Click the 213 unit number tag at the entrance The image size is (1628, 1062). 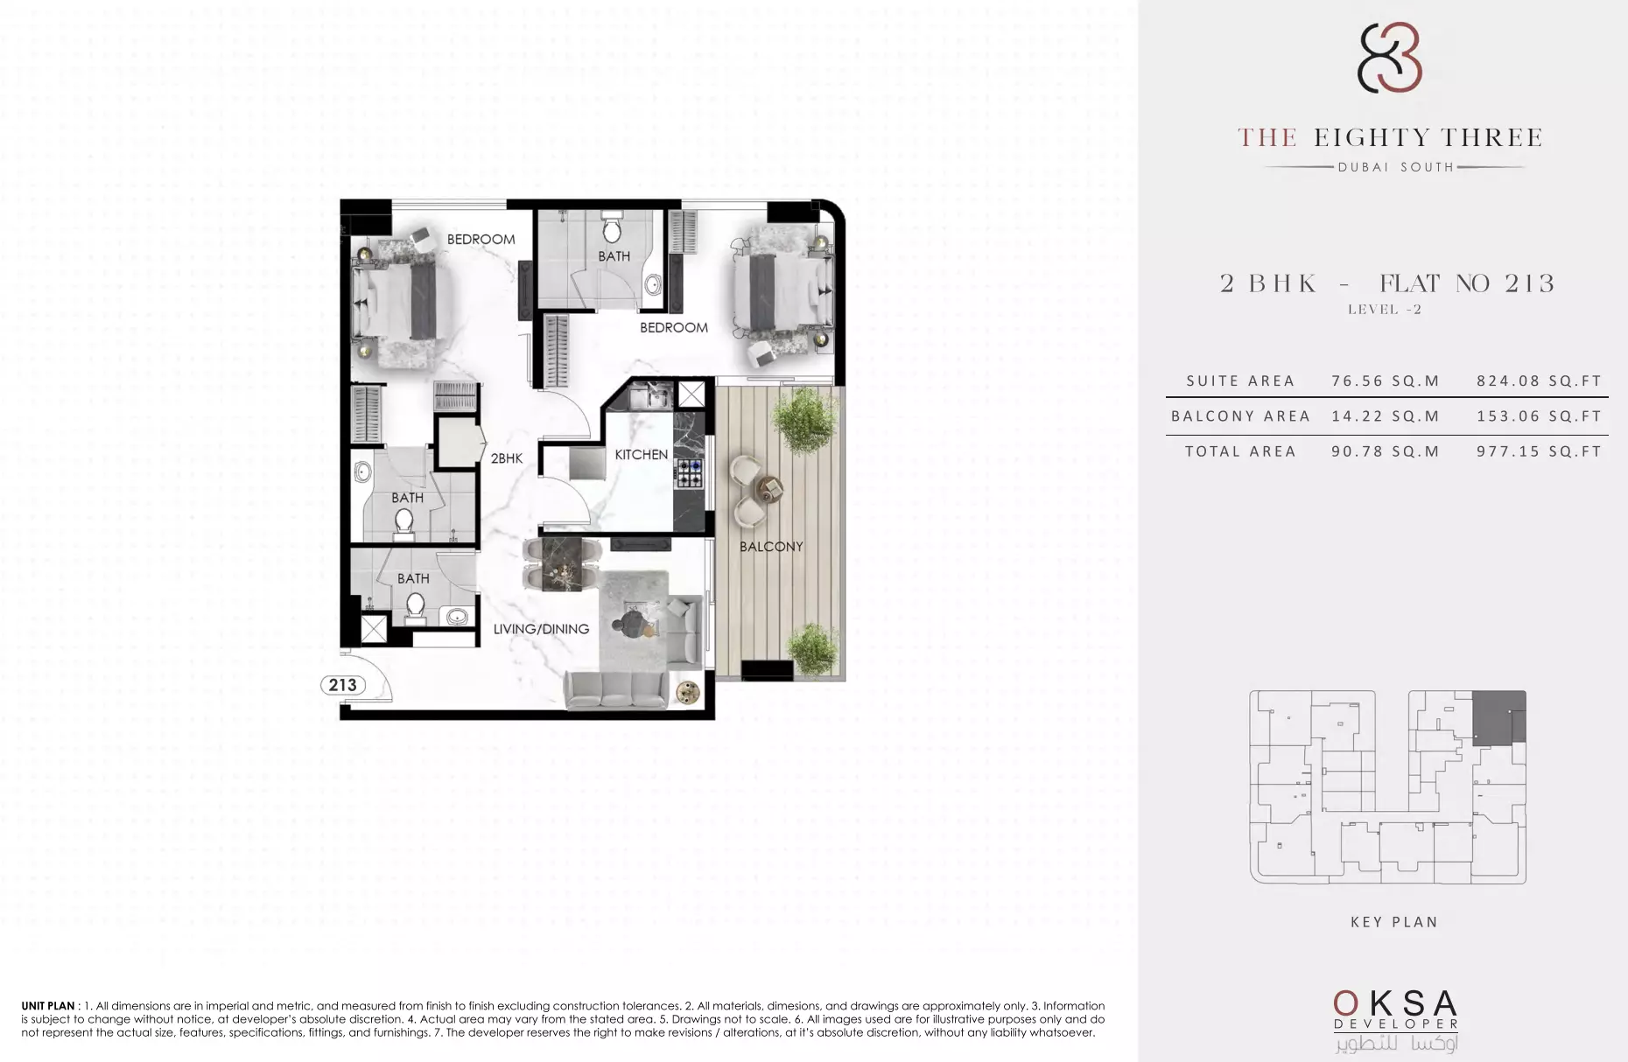pyautogui.click(x=343, y=685)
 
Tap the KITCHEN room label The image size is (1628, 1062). pyautogui.click(x=641, y=455)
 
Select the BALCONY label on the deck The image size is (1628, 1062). pyautogui.click(x=771, y=547)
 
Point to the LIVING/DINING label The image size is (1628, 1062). pyautogui.click(x=541, y=629)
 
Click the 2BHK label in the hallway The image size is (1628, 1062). pyautogui.click(x=506, y=458)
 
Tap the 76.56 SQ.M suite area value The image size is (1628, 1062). pyautogui.click(x=1386, y=381)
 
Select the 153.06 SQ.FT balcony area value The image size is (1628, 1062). pyautogui.click(x=1539, y=416)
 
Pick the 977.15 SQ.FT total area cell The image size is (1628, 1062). pyautogui.click(x=1539, y=451)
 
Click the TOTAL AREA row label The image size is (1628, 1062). pyautogui.click(x=1240, y=451)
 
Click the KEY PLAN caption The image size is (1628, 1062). pyautogui.click(x=1394, y=922)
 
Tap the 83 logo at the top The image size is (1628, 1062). pyautogui.click(x=1388, y=57)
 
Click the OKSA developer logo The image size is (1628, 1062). pyautogui.click(x=1395, y=1020)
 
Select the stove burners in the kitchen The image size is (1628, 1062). pyautogui.click(x=689, y=473)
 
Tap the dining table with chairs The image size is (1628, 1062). pyautogui.click(x=562, y=565)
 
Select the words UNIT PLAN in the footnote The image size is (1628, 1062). pyautogui.click(x=48, y=1006)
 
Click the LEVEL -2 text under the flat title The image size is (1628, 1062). pyautogui.click(x=1385, y=310)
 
